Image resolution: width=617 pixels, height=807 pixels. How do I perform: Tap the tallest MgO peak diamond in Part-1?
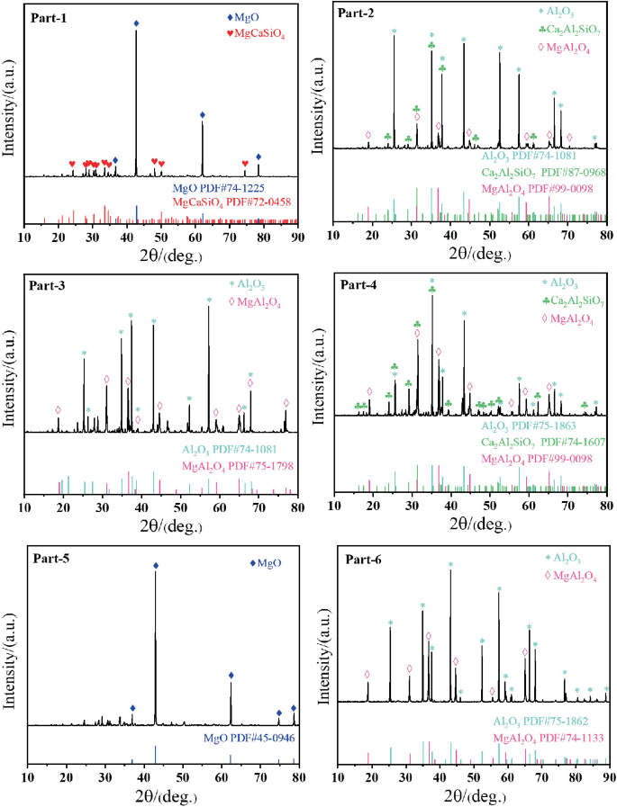point(136,23)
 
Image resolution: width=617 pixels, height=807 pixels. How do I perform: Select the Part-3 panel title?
point(51,287)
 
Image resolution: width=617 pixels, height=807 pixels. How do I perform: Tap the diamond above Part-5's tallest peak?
point(156,566)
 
